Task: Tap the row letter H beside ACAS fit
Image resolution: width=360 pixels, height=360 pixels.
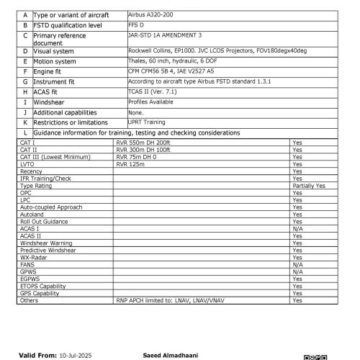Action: click(25, 92)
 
